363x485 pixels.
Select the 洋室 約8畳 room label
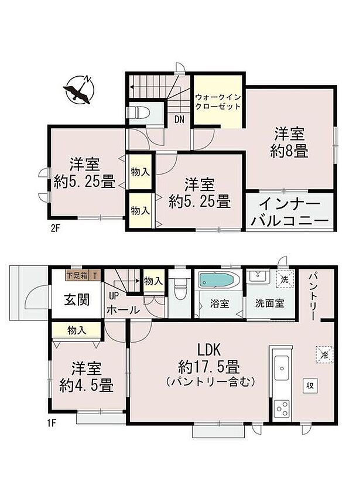coord(289,142)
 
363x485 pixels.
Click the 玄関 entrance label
coord(77,300)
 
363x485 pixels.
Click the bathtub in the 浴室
coord(218,280)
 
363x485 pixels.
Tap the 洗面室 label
coord(270,305)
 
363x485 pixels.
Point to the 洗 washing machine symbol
coord(285,279)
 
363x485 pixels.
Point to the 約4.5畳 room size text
coord(87,386)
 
